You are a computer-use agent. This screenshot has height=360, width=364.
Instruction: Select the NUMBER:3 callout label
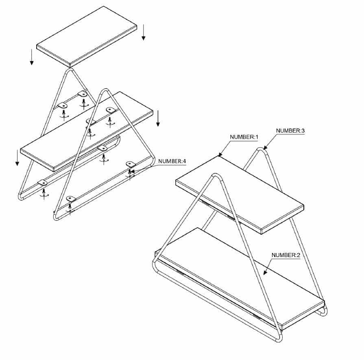click(x=290, y=131)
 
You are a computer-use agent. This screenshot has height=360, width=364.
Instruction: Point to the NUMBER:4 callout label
click(x=172, y=161)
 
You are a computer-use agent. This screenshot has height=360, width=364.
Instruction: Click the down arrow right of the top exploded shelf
click(x=144, y=33)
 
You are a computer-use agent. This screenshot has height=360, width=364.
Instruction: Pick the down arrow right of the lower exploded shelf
click(x=158, y=118)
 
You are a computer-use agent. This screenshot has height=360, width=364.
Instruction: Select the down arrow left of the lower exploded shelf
click(x=17, y=158)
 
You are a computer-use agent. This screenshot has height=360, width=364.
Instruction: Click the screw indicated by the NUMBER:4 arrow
click(x=130, y=172)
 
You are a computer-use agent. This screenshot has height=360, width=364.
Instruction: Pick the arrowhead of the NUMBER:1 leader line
click(x=220, y=155)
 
